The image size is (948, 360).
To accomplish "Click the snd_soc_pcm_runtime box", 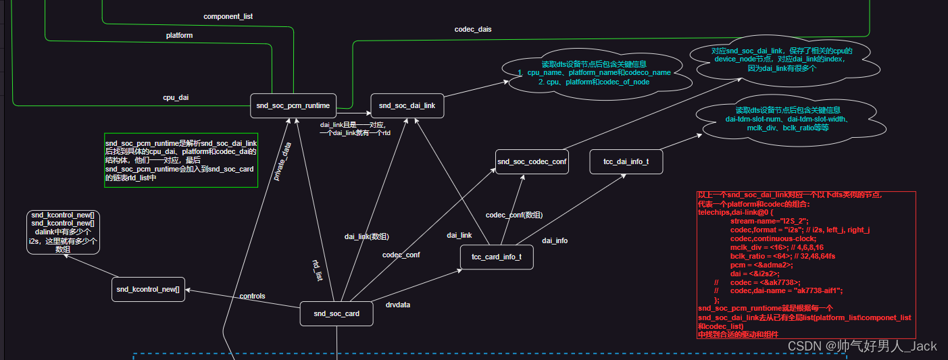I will tap(293, 105).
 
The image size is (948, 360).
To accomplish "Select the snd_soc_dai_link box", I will tap(407, 105).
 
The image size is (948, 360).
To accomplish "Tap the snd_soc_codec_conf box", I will tap(532, 161).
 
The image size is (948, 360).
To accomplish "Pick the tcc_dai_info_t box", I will tap(626, 161).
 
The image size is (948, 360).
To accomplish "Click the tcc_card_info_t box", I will tap(497, 257).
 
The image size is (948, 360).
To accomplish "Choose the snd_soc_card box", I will tap(336, 313).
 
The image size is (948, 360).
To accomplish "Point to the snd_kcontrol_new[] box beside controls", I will tap(148, 289).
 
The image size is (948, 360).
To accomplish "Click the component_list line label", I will tap(228, 16).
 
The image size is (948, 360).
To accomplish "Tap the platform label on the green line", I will tap(179, 35).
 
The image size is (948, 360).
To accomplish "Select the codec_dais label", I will tap(473, 30).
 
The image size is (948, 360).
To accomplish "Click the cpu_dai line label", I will tap(176, 97).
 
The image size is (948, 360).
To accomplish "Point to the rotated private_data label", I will tap(282, 161).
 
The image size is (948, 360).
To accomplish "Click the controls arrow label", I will tap(252, 296).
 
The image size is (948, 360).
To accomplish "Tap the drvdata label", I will tap(398, 305).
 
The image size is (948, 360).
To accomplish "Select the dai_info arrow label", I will tap(555, 240).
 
